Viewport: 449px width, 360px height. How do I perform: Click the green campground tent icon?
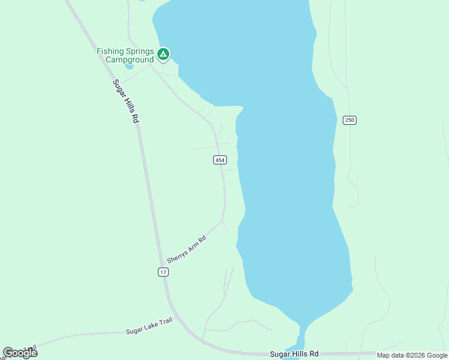pos(163,55)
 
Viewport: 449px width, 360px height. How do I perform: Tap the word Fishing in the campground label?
pos(111,51)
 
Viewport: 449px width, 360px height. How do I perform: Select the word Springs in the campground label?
pos(140,51)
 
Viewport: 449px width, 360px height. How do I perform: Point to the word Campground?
pos(129,59)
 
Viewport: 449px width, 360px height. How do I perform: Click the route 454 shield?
pos(220,160)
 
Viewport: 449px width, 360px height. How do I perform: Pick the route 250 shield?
pos(350,120)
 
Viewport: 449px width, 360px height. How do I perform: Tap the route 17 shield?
pos(163,272)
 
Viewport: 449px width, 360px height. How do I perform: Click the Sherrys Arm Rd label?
pos(187,249)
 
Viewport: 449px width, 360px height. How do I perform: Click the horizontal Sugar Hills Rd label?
pos(294,355)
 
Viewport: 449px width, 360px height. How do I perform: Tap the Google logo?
pos(20,353)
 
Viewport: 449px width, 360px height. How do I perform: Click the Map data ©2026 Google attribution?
pos(412,355)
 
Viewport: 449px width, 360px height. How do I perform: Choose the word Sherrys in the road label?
pos(178,255)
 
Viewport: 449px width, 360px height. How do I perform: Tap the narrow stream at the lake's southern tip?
pos(300,336)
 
